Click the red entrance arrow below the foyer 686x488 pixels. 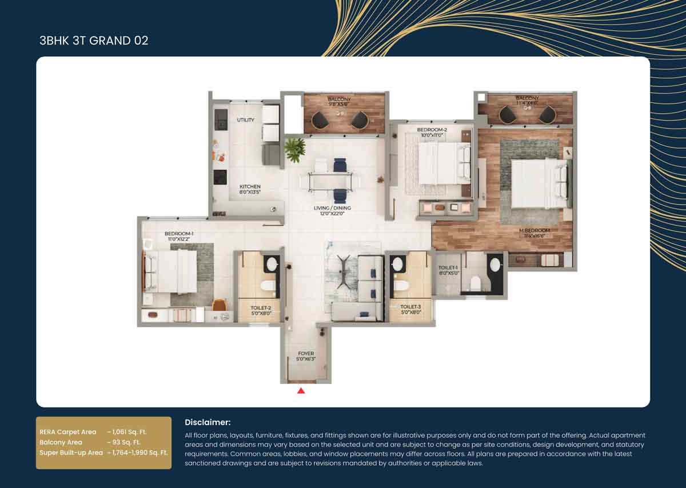coord(301,391)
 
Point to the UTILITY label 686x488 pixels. coord(246,120)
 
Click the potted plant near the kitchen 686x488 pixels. coord(295,150)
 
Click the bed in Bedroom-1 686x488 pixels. coord(170,271)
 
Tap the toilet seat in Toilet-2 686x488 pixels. coord(267,285)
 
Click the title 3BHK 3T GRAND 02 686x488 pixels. coord(94,41)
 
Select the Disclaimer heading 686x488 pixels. coord(208,422)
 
